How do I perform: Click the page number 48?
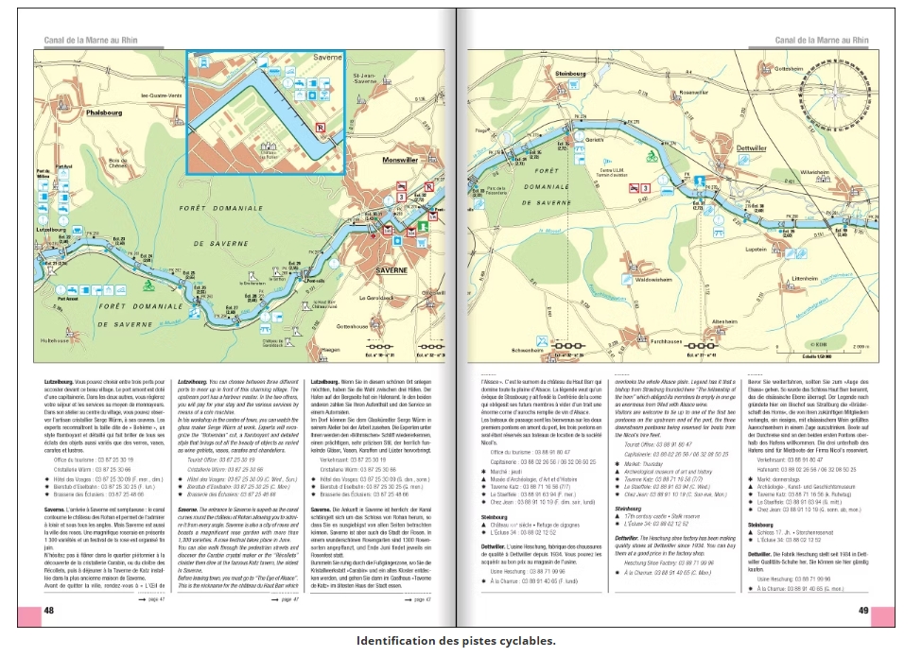point(48,611)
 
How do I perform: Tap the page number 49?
point(862,611)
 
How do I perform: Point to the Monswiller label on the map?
point(401,161)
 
